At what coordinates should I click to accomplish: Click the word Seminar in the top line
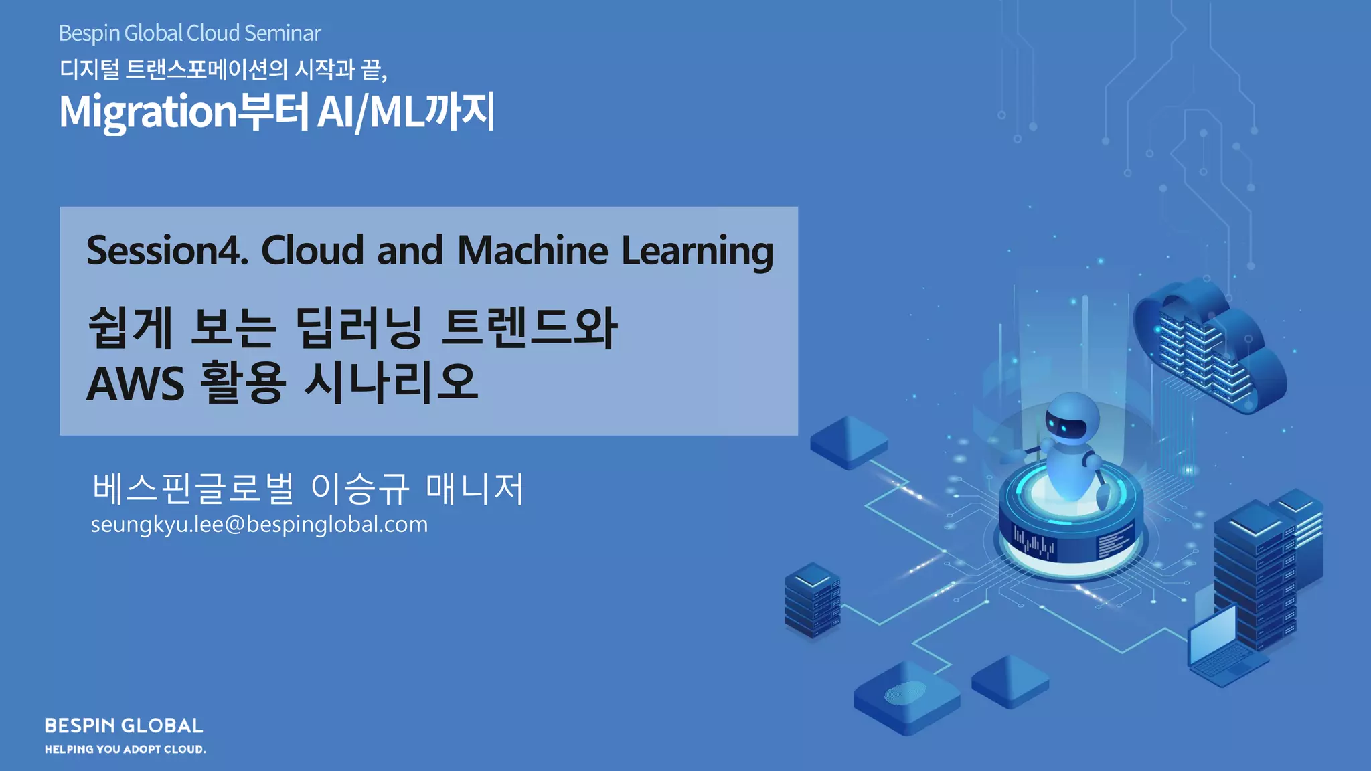click(x=283, y=33)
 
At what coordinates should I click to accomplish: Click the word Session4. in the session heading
click(x=167, y=250)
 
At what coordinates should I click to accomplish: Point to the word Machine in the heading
click(x=532, y=250)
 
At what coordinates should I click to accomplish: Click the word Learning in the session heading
click(x=697, y=252)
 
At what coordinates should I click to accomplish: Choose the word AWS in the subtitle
click(x=135, y=383)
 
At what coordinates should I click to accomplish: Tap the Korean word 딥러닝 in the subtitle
click(x=359, y=328)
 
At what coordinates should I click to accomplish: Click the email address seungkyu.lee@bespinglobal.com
click(x=259, y=524)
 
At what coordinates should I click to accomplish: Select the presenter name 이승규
click(x=360, y=488)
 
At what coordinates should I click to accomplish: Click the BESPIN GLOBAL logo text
click(x=124, y=725)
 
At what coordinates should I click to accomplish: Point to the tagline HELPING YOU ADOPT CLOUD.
click(x=125, y=749)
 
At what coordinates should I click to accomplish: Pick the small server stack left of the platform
click(x=812, y=599)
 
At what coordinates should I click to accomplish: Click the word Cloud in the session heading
click(x=312, y=250)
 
